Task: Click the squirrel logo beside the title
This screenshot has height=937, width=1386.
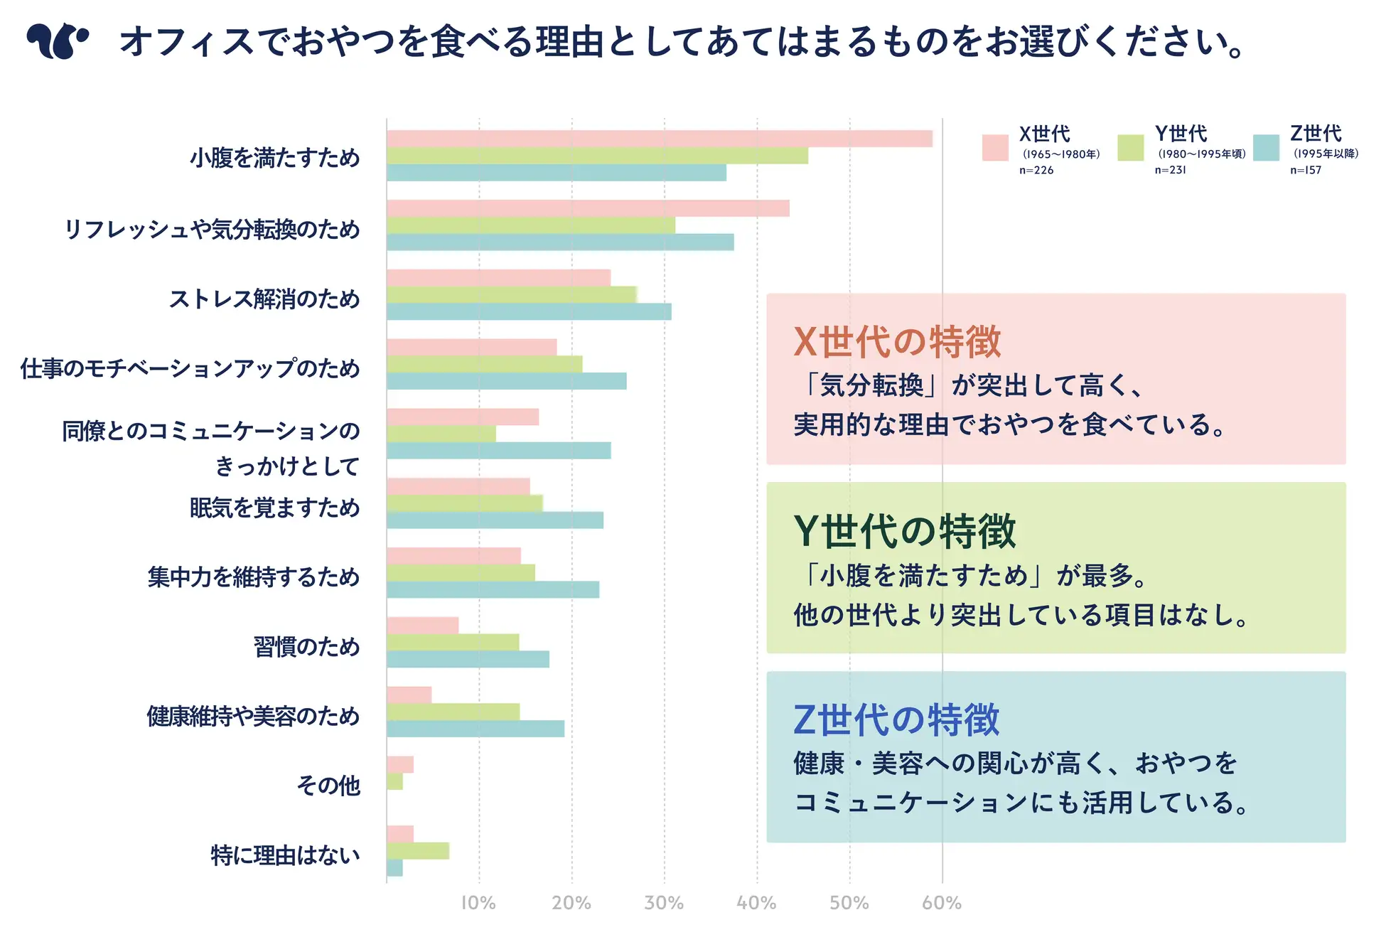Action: coord(58,41)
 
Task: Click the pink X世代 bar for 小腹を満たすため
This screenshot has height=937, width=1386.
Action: coord(659,139)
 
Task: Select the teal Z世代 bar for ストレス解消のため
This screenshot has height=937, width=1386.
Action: coord(529,311)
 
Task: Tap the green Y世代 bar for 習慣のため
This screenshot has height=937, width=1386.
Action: coord(453,642)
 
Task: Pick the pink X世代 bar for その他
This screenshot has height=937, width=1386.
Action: coord(400,764)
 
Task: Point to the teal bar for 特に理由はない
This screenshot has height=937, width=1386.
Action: coord(394,868)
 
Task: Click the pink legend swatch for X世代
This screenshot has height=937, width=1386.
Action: coord(994,148)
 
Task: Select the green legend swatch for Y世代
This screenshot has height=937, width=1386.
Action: coord(1130,148)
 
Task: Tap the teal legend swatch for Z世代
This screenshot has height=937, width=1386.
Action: coord(1266,148)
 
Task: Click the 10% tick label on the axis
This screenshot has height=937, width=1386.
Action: coord(478,903)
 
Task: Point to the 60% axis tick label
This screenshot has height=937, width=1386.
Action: coord(942,903)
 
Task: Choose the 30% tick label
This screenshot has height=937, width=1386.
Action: coord(664,903)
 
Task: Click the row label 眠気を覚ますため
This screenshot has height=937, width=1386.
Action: coord(275,508)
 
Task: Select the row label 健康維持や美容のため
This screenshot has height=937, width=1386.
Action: coord(254,716)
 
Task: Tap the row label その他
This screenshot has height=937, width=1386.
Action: coord(328,786)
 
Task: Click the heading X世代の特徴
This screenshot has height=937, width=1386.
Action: coord(897,342)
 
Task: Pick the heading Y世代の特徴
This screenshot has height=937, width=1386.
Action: coord(904,531)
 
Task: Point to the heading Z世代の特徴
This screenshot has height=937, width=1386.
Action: coord(896,719)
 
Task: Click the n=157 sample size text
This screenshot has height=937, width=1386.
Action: coord(1306,170)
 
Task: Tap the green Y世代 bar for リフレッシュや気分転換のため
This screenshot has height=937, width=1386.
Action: coord(530,225)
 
